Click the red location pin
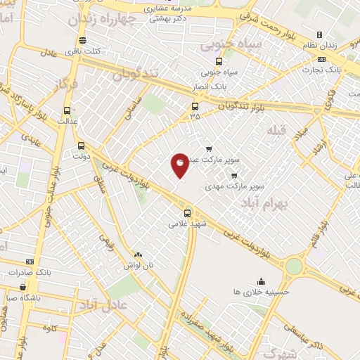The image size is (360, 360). tap(180, 164)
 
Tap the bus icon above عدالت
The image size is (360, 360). tap(67, 110)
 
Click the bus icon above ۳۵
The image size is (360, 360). tap(195, 107)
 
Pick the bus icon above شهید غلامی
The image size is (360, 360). tap(187, 213)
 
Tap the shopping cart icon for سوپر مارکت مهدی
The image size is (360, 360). tap(234, 176)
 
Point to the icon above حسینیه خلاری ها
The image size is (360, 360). tap(261, 281)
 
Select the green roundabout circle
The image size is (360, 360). tap(295, 266)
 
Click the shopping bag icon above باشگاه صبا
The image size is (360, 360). tap(23, 286)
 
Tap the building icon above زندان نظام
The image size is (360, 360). tap(320, 34)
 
